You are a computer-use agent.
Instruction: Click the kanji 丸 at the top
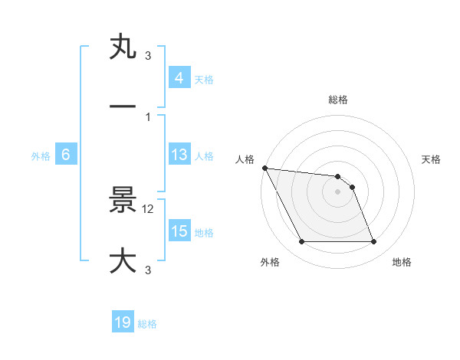click(x=123, y=47)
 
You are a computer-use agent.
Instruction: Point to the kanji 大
click(x=123, y=260)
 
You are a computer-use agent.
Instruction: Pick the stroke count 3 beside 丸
click(x=148, y=56)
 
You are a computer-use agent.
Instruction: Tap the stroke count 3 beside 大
click(x=148, y=270)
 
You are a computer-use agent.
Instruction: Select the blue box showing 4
click(x=179, y=78)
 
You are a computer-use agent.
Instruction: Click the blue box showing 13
click(x=179, y=155)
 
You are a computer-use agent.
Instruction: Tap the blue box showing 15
click(x=179, y=231)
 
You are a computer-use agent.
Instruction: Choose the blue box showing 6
click(x=66, y=155)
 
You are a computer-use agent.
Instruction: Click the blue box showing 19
click(x=123, y=323)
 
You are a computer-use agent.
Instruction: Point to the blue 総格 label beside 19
click(x=147, y=324)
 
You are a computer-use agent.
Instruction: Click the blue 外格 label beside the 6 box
click(x=41, y=155)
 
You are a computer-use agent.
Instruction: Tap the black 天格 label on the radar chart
click(x=432, y=159)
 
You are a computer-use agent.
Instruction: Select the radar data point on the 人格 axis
click(x=264, y=168)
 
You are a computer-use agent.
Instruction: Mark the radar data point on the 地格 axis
click(x=373, y=242)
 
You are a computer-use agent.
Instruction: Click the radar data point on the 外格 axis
click(x=301, y=242)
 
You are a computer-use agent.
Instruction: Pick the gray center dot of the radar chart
click(x=337, y=191)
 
